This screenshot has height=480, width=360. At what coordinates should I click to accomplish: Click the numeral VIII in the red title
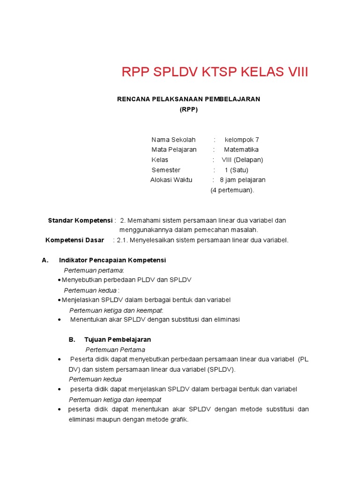click(296, 73)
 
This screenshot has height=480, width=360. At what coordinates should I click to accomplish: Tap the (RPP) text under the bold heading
click(188, 109)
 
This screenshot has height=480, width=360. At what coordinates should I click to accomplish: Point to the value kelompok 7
click(242, 140)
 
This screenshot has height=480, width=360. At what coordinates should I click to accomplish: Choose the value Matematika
click(241, 150)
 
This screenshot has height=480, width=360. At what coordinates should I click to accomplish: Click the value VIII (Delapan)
click(242, 160)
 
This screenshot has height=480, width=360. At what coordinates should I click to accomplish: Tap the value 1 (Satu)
click(237, 170)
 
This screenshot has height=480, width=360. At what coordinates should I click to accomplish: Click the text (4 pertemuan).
click(232, 190)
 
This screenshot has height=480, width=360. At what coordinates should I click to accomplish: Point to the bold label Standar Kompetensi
click(80, 220)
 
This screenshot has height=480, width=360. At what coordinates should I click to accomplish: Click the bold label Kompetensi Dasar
click(75, 240)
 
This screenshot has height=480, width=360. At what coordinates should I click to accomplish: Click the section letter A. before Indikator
click(45, 260)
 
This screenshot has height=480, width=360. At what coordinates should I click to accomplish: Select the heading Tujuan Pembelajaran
click(118, 339)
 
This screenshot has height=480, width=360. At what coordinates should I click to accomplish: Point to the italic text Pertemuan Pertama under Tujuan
click(115, 350)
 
